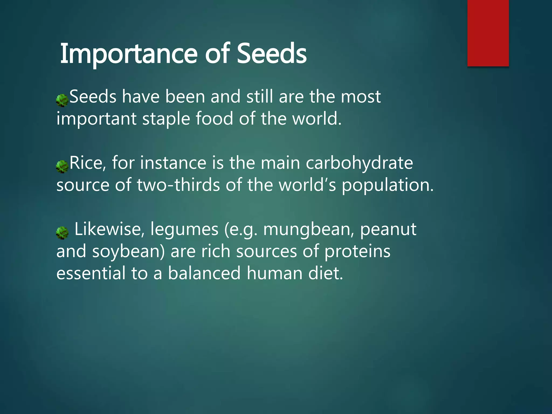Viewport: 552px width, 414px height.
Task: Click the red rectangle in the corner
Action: pyautogui.click(x=488, y=33)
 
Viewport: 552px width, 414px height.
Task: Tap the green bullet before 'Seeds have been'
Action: pyautogui.click(x=62, y=100)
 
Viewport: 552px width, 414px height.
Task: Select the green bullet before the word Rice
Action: pyautogui.click(x=62, y=166)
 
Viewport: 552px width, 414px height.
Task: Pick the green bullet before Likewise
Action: pyautogui.click(x=62, y=233)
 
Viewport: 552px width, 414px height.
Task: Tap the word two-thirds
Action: pyautogui.click(x=178, y=185)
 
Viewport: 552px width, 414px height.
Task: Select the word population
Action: pyautogui.click(x=387, y=186)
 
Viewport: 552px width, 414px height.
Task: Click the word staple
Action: pyautogui.click(x=166, y=119)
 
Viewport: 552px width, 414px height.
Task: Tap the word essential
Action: pyautogui.click(x=91, y=273)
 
